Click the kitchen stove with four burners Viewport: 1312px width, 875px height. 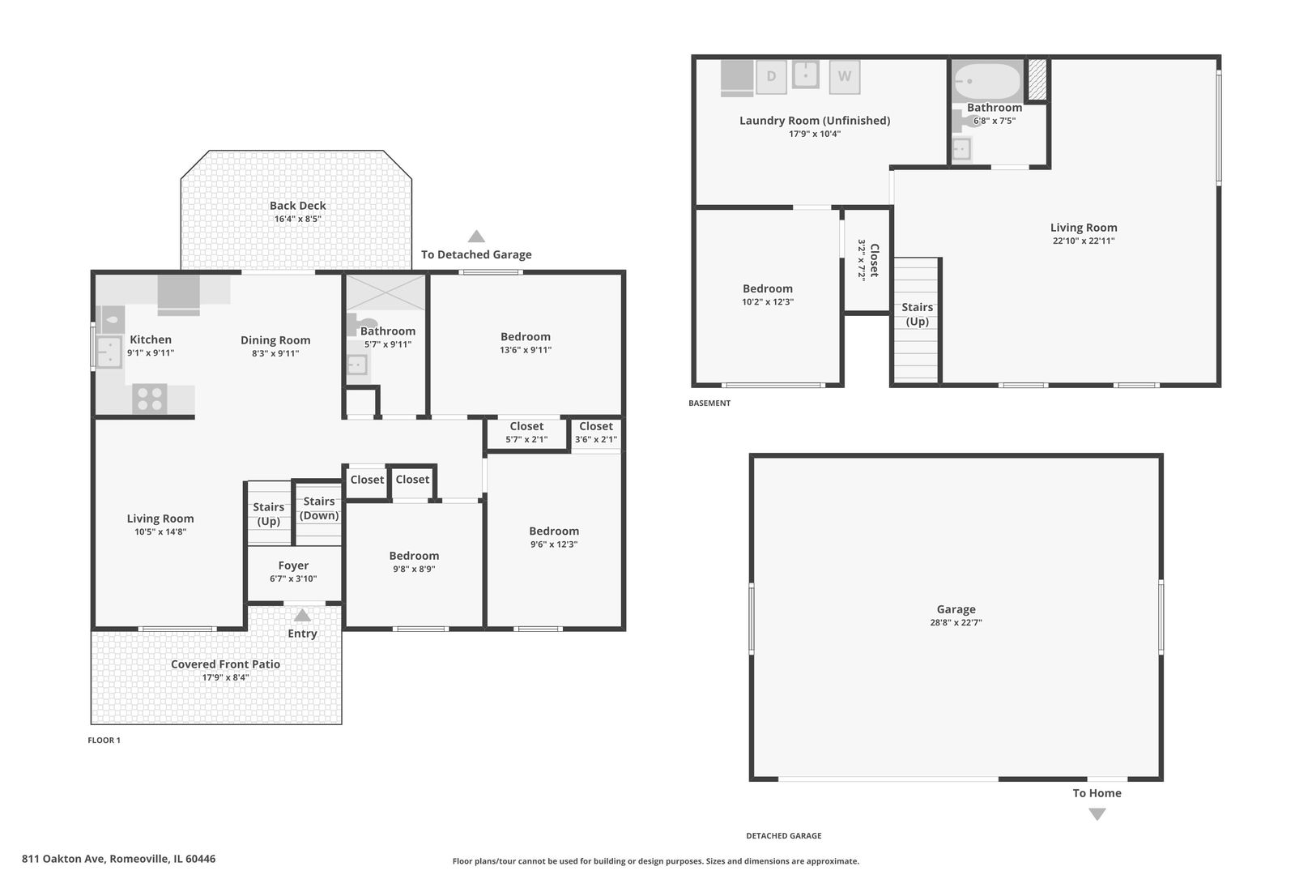point(149,399)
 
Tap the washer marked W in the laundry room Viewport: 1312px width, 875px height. point(845,77)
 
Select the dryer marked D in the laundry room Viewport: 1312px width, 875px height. point(771,77)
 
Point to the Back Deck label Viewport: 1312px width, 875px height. point(297,206)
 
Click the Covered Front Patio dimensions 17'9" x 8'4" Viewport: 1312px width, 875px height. point(225,677)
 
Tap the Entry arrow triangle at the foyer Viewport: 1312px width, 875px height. point(302,615)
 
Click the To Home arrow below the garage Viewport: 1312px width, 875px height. point(1097,814)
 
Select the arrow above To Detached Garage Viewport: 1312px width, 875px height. point(476,237)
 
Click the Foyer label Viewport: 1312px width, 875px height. point(293,566)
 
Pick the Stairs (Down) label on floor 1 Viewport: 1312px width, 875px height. point(319,508)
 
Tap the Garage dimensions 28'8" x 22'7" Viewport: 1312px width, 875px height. point(956,623)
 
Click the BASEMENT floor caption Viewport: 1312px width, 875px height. point(709,403)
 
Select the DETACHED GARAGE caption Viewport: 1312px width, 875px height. point(784,836)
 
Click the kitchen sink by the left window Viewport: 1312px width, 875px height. point(109,352)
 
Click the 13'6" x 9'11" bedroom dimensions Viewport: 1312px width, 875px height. point(526,350)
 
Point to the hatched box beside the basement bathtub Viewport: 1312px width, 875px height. point(1037,79)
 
